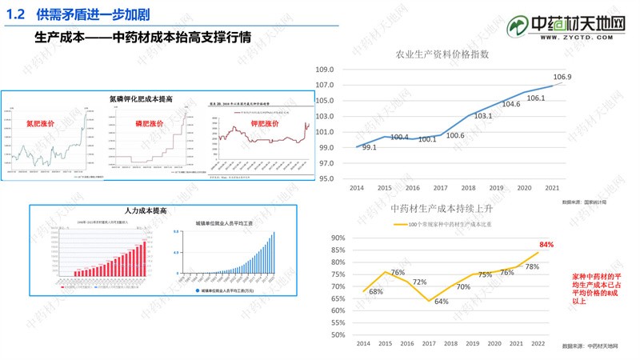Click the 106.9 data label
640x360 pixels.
coord(562,77)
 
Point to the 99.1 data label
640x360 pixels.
coord(369,147)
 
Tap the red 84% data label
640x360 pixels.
coord(547,244)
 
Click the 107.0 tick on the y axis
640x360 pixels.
coord(324,86)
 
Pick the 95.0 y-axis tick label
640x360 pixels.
coord(324,178)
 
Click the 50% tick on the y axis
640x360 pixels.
coord(337,334)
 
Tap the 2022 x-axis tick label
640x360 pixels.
coord(539,343)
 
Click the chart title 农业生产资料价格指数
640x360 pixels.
coord(442,55)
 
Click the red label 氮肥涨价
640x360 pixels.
coord(40,124)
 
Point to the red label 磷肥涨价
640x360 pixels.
coord(150,124)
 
